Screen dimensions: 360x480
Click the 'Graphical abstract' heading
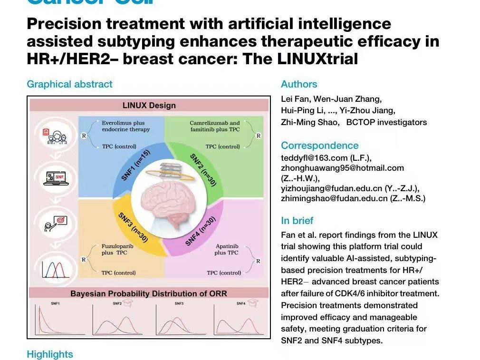pyautogui.click(x=69, y=84)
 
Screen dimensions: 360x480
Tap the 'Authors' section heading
pyautogui.click(x=299, y=84)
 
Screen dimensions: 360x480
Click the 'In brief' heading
pyautogui.click(x=297, y=221)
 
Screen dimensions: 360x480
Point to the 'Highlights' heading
pyautogui.click(x=50, y=354)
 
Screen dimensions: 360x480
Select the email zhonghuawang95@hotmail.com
pyautogui.click(x=342, y=168)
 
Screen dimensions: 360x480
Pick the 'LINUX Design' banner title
pyautogui.click(x=149, y=106)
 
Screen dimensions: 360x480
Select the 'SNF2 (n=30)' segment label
pyautogui.click(x=203, y=170)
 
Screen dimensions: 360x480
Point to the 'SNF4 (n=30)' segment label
pyautogui.click(x=201, y=231)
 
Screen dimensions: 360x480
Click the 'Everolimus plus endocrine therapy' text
pyautogui.click(x=125, y=126)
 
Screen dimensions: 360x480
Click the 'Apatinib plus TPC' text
pyautogui.click(x=227, y=249)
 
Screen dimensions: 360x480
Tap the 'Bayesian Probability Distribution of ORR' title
pyautogui.click(x=149, y=293)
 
